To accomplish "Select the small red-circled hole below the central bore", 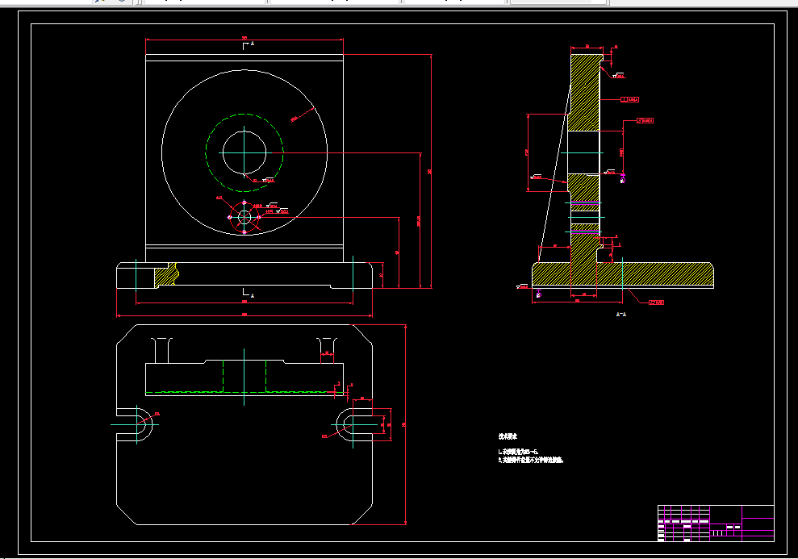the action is click(x=244, y=217).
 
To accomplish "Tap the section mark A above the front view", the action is click(x=252, y=44).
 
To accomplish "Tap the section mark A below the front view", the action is click(x=252, y=293).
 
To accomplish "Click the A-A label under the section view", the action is click(x=621, y=314).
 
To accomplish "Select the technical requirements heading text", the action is click(x=507, y=436).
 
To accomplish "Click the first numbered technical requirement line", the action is click(x=518, y=452).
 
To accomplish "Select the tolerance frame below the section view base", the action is click(x=656, y=302).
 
